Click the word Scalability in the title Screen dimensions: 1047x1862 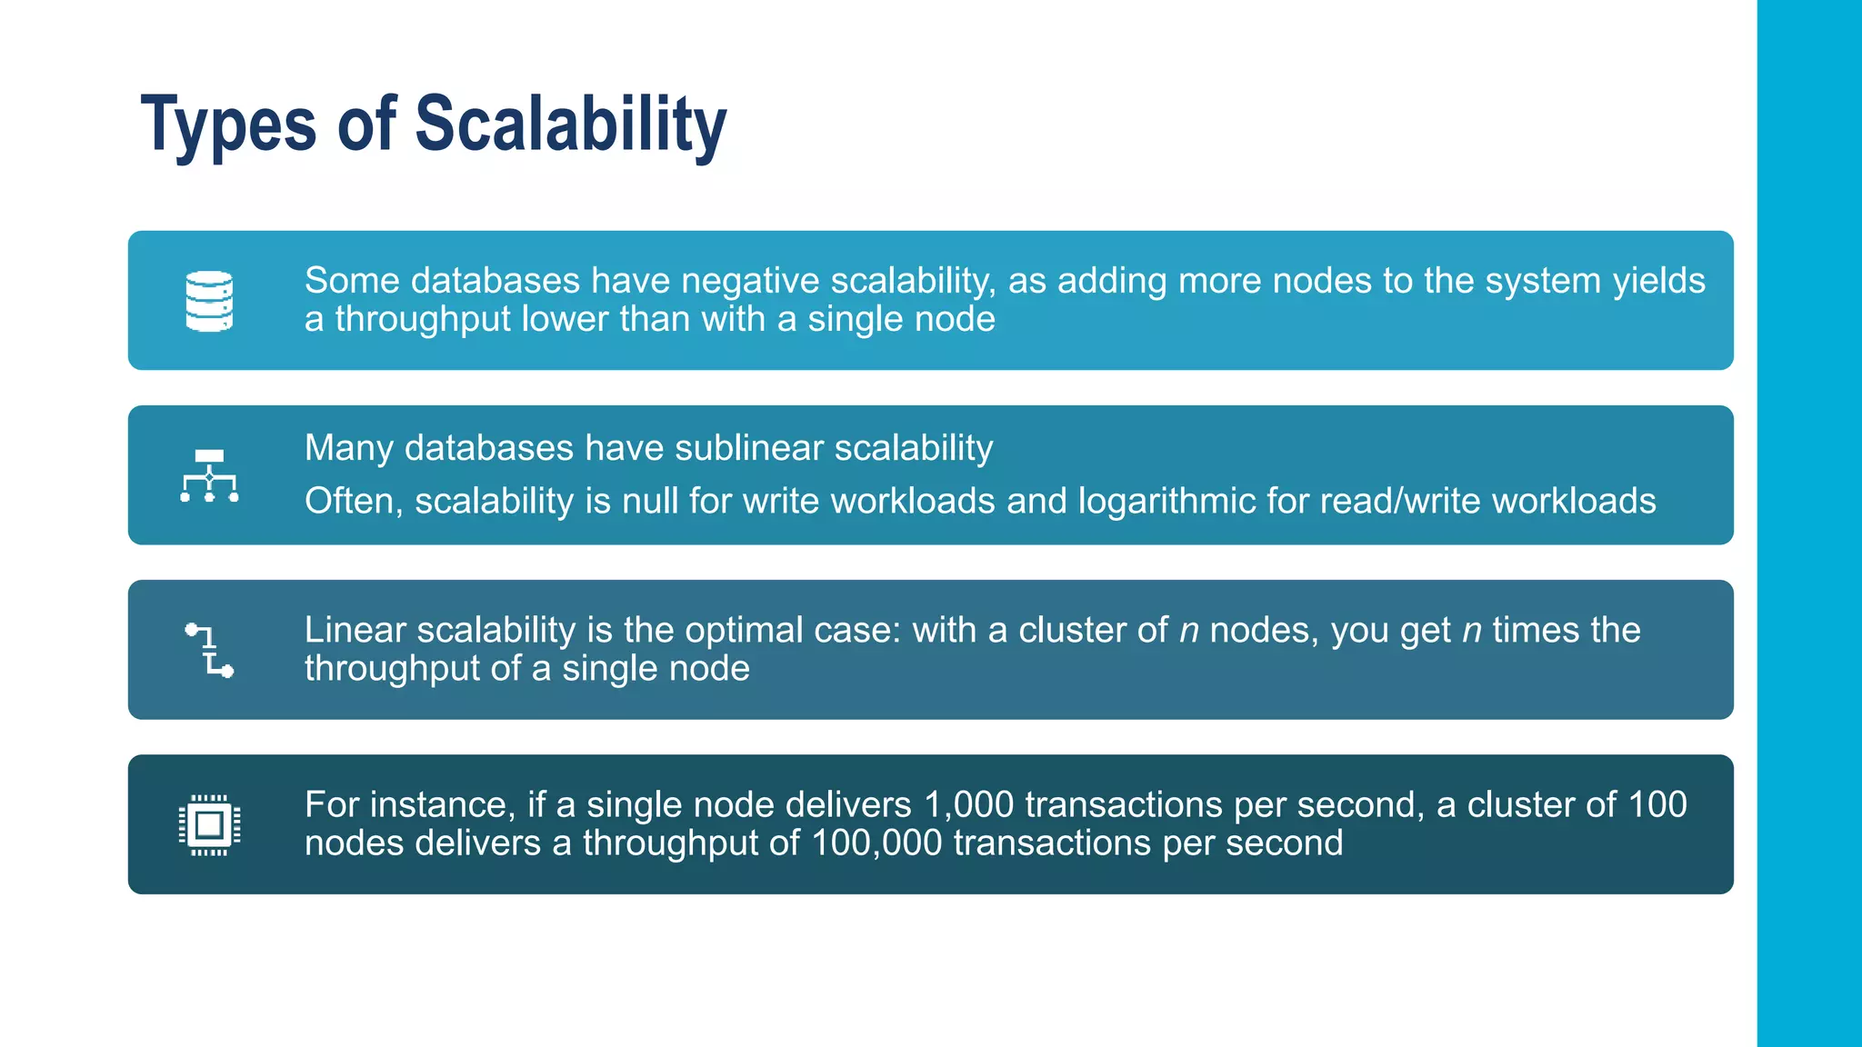[570, 125]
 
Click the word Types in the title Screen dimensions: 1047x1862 [228, 125]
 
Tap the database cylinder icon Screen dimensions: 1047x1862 [209, 301]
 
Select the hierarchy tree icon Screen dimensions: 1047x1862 [209, 475]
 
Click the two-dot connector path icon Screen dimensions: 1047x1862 [209, 650]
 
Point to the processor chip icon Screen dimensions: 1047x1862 [209, 824]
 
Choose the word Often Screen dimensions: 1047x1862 [353, 501]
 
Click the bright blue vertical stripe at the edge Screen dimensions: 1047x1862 [1809, 523]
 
